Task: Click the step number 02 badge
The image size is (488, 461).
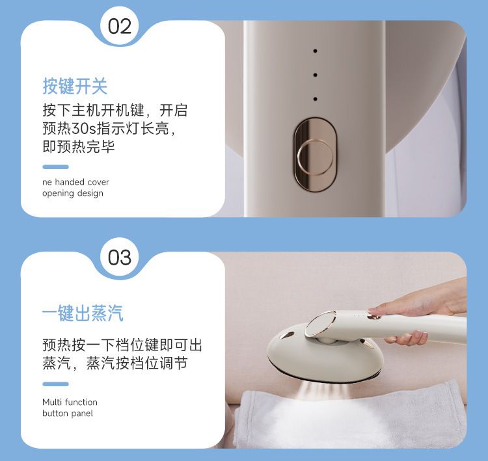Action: [120, 27]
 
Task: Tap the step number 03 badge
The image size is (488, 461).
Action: [120, 257]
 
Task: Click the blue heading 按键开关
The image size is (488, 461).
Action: [75, 86]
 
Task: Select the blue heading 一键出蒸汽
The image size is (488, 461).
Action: [83, 313]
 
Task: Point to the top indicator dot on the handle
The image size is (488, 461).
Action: [316, 51]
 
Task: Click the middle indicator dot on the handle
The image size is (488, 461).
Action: [316, 75]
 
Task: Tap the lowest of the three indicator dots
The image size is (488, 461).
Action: [316, 99]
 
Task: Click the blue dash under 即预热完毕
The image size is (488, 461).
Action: [55, 166]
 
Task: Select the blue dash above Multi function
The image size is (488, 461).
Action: [55, 384]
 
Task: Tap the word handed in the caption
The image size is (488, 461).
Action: [65, 181]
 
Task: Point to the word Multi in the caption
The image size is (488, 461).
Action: [52, 402]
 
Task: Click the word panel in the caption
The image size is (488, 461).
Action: [84, 414]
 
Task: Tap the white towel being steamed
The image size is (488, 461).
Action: [349, 417]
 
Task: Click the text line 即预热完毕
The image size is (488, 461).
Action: [79, 146]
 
